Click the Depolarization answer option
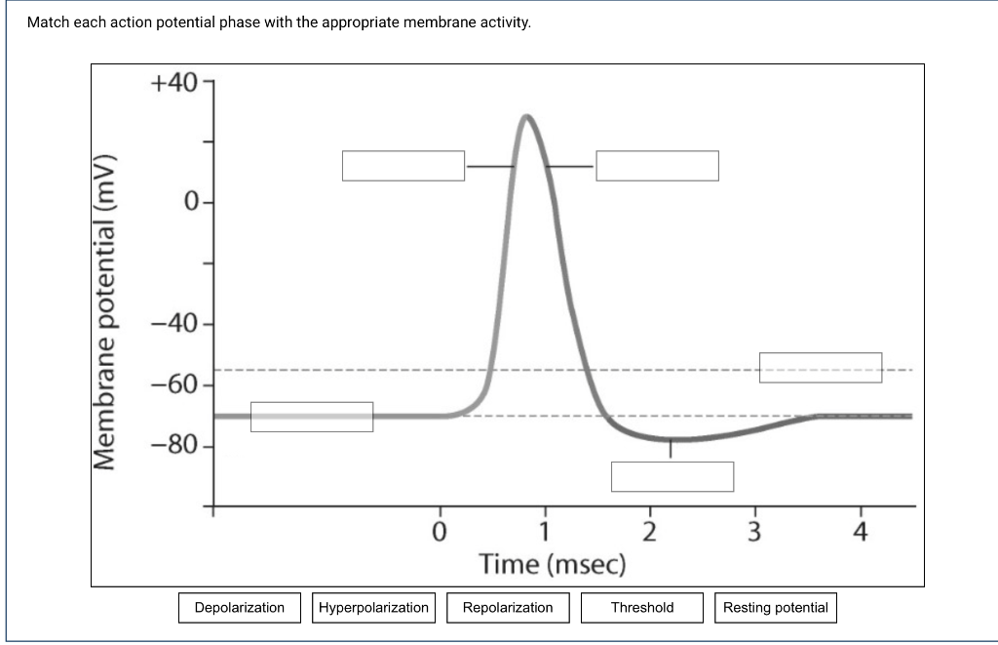tap(240, 608)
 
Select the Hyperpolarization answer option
tap(373, 608)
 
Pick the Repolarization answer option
tap(508, 608)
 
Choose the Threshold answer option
tap(642, 608)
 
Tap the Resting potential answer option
tap(776, 608)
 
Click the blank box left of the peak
tap(403, 166)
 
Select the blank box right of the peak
tap(658, 166)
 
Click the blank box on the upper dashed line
tap(821, 368)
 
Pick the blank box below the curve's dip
tap(672, 477)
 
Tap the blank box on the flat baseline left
tap(312, 417)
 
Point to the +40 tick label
tap(174, 82)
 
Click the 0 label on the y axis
tap(191, 203)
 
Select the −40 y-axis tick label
tap(174, 324)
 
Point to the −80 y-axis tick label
tap(174, 446)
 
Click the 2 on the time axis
tap(650, 532)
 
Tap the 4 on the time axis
tap(860, 532)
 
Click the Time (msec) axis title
tap(553, 564)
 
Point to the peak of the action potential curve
tap(526, 116)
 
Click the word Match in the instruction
tap(48, 22)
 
